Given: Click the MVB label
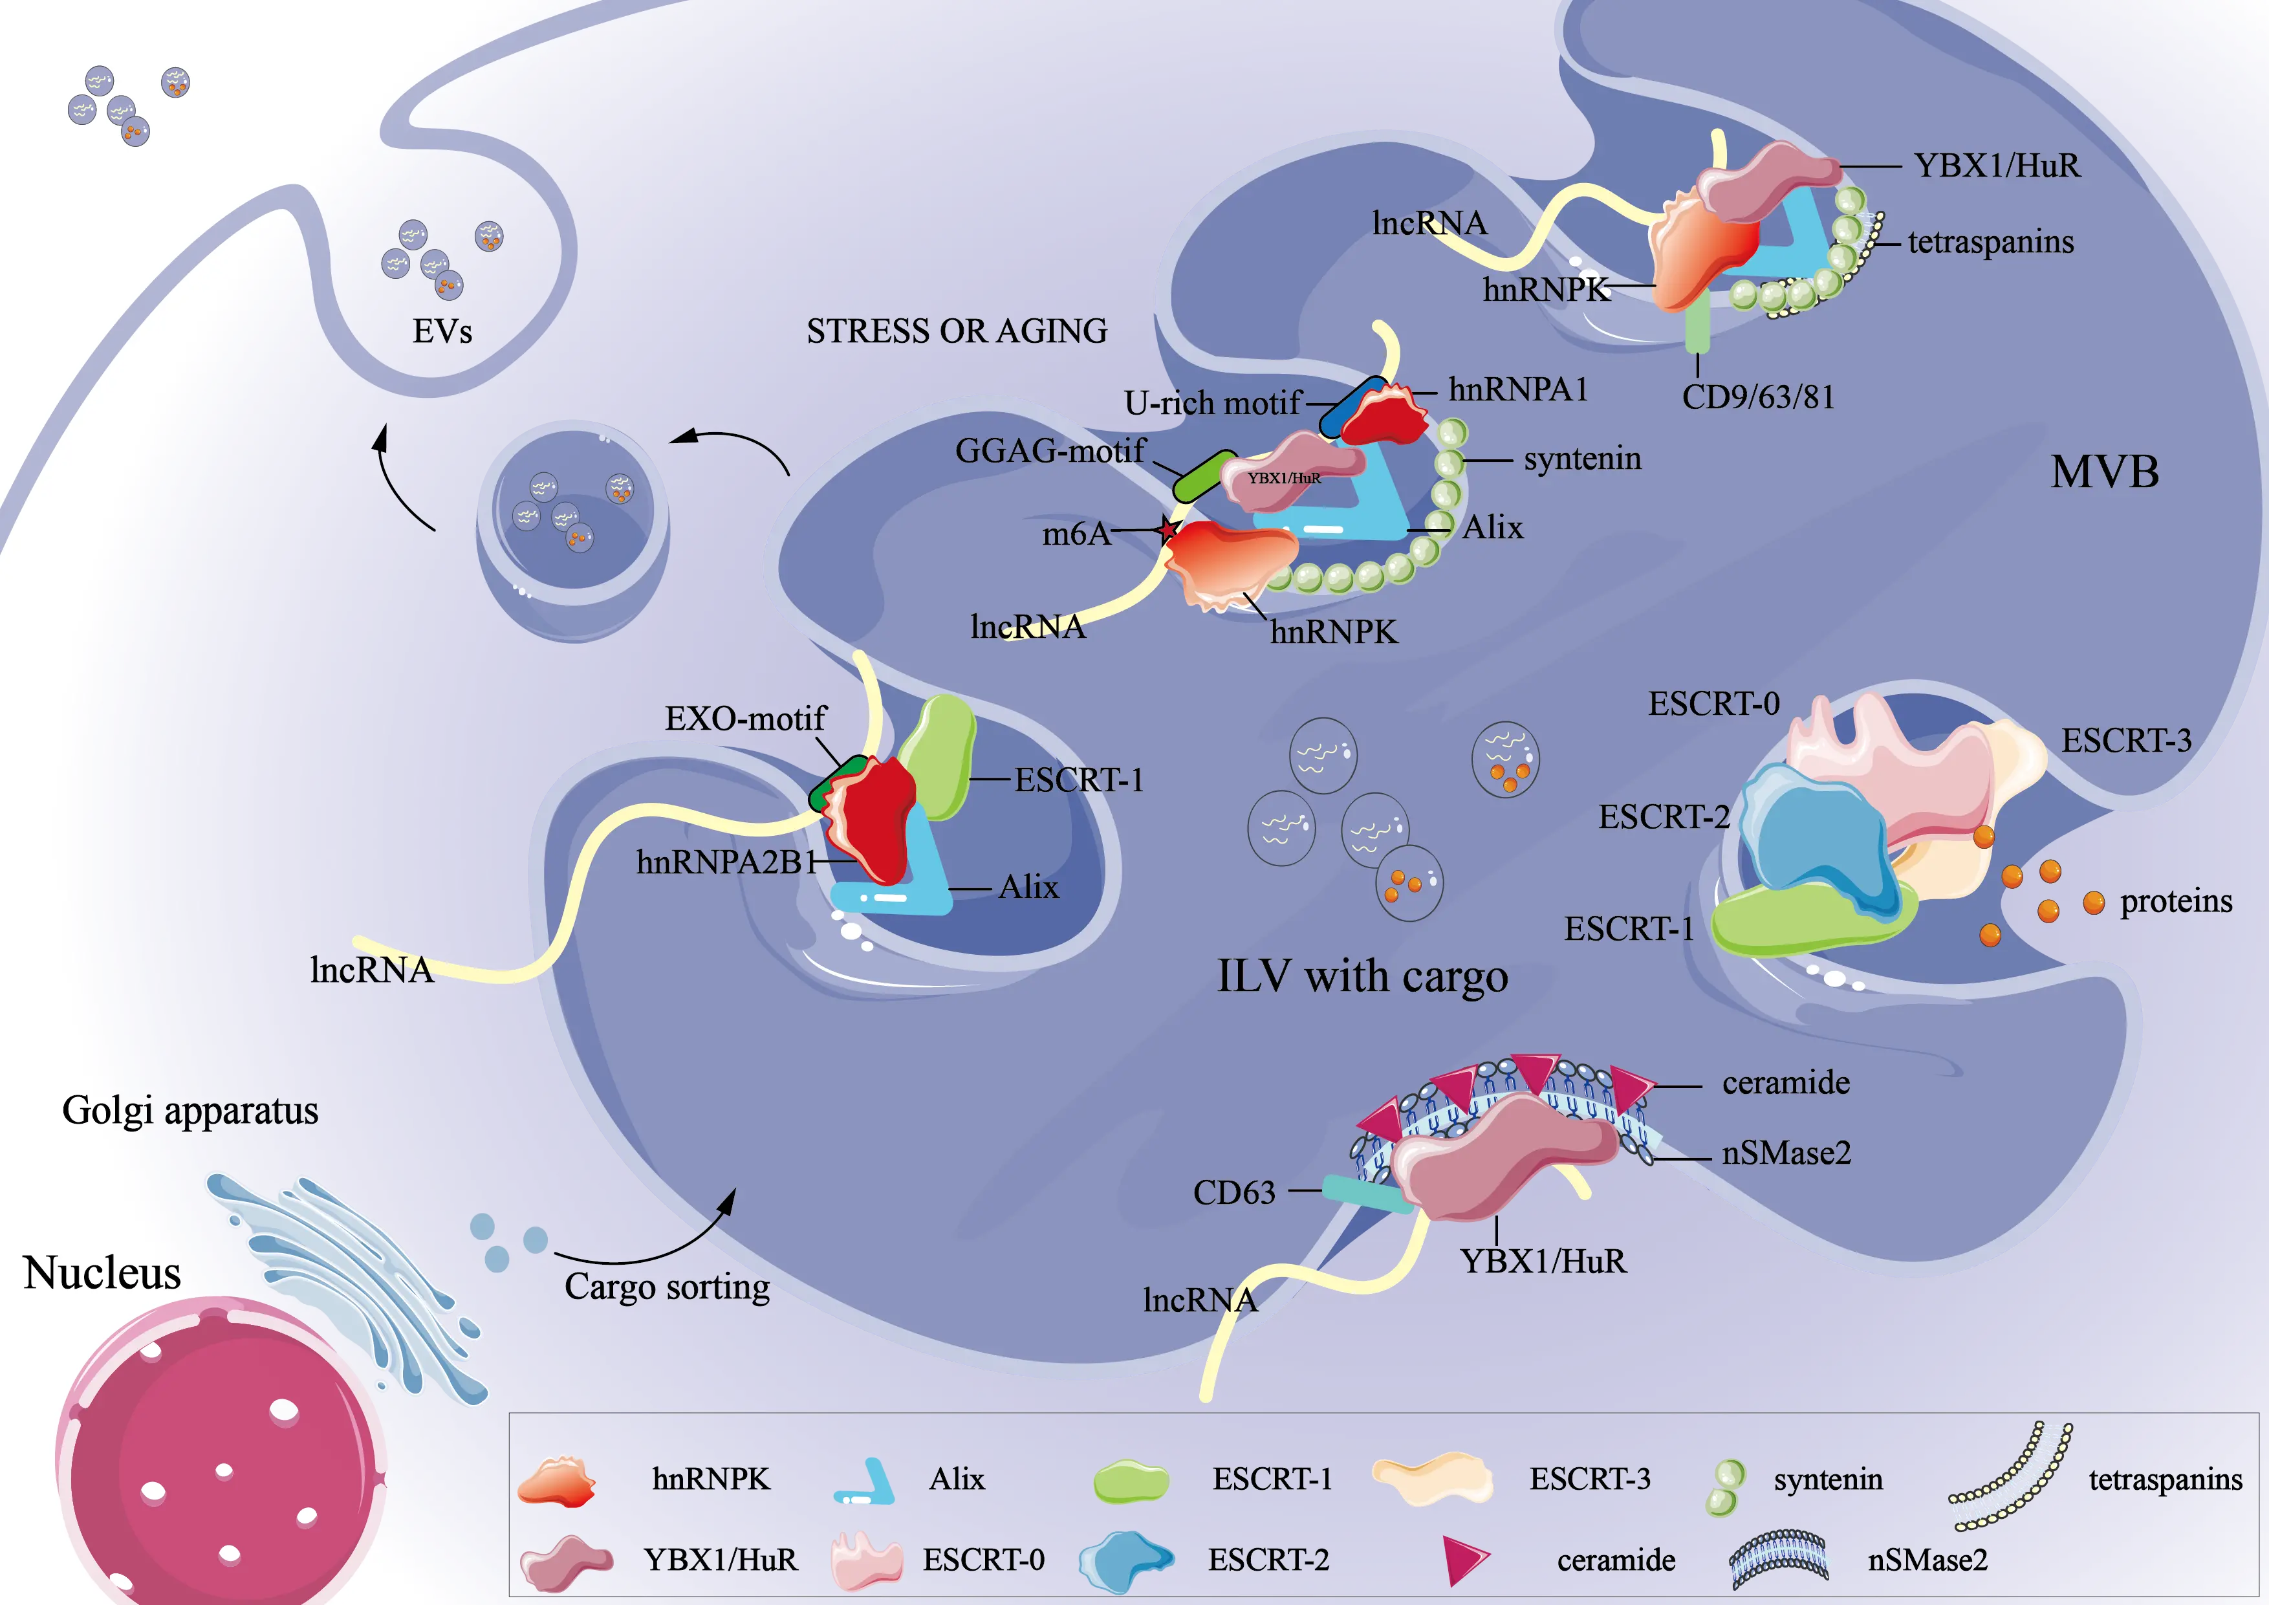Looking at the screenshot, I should [2104, 472].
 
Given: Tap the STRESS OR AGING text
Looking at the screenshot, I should [957, 331].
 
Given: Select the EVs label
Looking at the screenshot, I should [442, 331].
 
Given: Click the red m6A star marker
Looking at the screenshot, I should [1168, 530].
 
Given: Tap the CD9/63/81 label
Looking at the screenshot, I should [1758, 397].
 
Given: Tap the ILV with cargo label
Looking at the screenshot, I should [1362, 976].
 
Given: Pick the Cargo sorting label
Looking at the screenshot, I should [667, 1287].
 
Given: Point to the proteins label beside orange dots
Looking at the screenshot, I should [2175, 901].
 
